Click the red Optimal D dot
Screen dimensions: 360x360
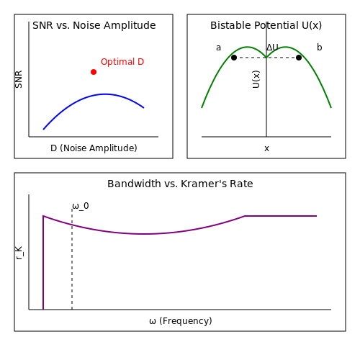click(x=94, y=72)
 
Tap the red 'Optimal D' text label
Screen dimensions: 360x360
click(x=122, y=62)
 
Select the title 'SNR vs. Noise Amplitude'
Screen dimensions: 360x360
click(x=94, y=25)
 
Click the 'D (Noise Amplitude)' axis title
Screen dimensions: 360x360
click(x=94, y=148)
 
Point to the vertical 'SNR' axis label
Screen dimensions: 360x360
click(x=19, y=79)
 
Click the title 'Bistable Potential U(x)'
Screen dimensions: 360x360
click(x=266, y=25)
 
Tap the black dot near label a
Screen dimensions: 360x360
click(x=234, y=58)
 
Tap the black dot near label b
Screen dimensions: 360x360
click(x=299, y=58)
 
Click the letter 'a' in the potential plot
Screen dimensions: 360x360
click(x=218, y=48)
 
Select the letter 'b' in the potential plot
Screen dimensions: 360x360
click(x=319, y=48)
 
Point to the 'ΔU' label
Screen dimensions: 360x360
click(x=272, y=48)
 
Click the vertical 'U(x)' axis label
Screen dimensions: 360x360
click(x=256, y=79)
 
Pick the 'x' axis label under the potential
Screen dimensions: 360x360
click(x=266, y=148)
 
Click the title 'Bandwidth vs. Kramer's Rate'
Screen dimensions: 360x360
click(x=180, y=184)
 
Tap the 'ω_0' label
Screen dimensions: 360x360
click(x=81, y=206)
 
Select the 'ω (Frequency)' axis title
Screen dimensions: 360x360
click(x=181, y=321)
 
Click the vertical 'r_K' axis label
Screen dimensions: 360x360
click(x=19, y=253)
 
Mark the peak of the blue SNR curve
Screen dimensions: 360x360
click(x=105, y=94)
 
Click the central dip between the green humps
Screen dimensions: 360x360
click(x=266, y=58)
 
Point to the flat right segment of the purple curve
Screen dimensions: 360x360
click(x=281, y=216)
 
